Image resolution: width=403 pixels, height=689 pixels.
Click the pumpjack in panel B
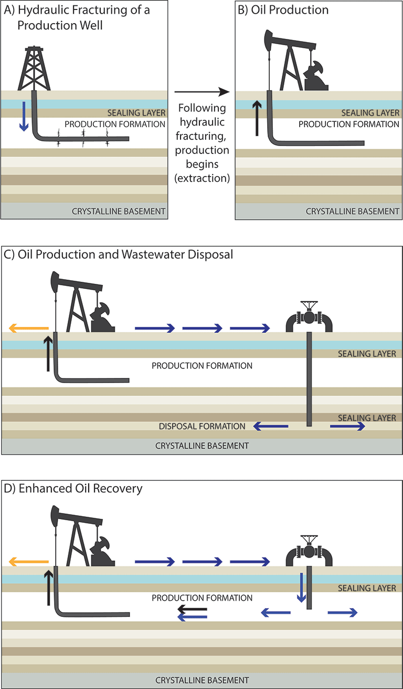(x=291, y=63)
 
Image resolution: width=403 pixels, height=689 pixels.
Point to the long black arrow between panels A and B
(x=201, y=92)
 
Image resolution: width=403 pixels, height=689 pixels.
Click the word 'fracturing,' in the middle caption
(x=202, y=137)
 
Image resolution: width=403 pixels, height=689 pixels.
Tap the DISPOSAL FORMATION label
(x=202, y=426)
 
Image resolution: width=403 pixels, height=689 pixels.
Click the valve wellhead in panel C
(x=309, y=317)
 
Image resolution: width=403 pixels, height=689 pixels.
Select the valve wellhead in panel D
(x=309, y=551)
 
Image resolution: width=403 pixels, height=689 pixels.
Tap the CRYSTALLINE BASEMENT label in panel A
(x=119, y=212)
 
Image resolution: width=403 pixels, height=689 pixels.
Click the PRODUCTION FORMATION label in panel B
(x=349, y=125)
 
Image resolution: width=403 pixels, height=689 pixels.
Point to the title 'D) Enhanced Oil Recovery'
(x=73, y=488)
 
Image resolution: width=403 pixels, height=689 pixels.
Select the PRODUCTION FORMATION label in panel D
(x=202, y=598)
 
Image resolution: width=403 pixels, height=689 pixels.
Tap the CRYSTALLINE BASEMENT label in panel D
(x=202, y=680)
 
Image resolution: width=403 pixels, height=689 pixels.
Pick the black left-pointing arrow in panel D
(x=193, y=610)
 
